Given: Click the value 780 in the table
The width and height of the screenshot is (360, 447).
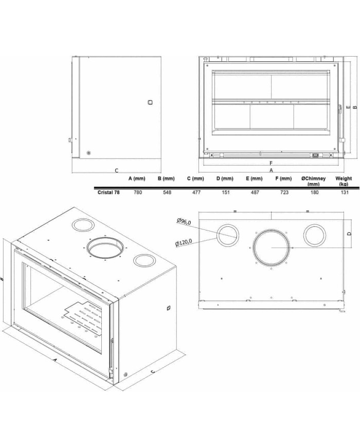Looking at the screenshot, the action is click(138, 192).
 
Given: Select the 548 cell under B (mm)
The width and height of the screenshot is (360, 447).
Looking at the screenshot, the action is click(167, 192).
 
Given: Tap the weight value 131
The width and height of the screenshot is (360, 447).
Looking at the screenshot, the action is click(345, 192).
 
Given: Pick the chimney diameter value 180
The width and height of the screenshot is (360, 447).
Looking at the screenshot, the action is click(314, 192).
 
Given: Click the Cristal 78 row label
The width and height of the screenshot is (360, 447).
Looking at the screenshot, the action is click(109, 192).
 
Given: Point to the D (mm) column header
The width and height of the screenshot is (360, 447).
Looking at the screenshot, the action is click(225, 178).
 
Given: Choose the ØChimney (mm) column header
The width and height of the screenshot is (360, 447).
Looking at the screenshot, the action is click(314, 181).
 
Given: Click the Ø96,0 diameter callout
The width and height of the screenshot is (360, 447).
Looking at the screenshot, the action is click(184, 221).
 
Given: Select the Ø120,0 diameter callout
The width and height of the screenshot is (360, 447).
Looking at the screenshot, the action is click(183, 243).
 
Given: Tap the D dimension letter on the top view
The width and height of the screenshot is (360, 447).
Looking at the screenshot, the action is click(349, 234).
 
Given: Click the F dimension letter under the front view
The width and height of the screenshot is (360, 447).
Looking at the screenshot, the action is click(271, 163).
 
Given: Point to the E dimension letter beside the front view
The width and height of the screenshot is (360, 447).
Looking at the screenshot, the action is click(348, 107).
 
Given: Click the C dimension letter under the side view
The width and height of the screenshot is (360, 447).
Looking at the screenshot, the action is click(116, 171).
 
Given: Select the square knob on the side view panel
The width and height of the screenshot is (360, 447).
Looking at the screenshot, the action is click(150, 102).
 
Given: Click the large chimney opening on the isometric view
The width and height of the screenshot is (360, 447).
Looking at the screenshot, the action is click(87, 247).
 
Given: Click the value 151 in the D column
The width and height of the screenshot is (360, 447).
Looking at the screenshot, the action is click(225, 192).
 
